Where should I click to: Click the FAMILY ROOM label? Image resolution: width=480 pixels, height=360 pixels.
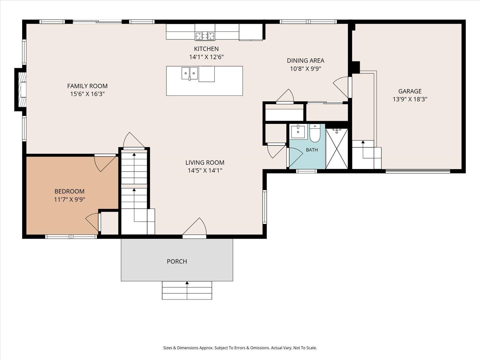[87, 86]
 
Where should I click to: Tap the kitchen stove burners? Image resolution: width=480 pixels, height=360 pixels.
[205, 36]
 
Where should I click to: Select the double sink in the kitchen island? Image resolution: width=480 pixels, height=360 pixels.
[189, 73]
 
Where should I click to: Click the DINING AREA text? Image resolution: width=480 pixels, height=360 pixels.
[306, 60]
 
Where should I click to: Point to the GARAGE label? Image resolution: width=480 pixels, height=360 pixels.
[410, 91]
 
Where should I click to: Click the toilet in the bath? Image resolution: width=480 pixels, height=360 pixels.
[315, 133]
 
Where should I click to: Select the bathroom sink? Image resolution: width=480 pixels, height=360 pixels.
[298, 132]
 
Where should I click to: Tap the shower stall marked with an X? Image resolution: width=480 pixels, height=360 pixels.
[337, 148]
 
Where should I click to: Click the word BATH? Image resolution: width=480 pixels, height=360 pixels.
[312, 150]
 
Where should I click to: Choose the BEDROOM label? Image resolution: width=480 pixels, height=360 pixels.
[69, 191]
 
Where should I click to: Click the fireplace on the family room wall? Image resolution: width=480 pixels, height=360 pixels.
[21, 90]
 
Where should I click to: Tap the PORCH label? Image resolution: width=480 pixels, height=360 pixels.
[177, 261]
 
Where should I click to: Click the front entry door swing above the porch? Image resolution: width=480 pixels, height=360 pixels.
[195, 227]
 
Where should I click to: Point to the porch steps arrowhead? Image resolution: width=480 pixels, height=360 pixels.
[187, 283]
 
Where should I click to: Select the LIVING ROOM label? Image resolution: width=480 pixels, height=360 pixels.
[205, 163]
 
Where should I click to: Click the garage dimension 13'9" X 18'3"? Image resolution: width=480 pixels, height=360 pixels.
[410, 99]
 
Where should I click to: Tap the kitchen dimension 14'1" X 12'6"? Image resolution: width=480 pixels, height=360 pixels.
[206, 57]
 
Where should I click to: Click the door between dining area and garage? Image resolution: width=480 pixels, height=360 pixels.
[342, 87]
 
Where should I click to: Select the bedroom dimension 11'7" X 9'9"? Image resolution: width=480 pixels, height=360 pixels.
[69, 199]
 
